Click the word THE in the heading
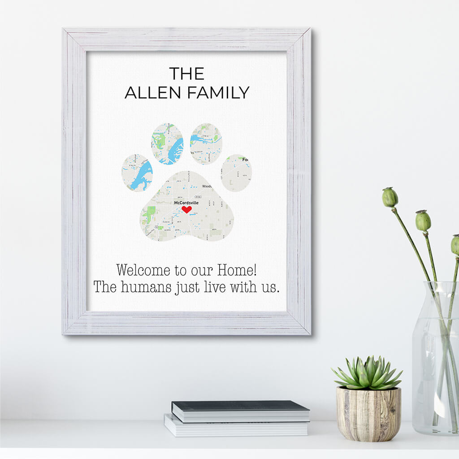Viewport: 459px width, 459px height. click(x=186, y=74)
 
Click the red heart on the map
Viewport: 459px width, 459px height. click(x=187, y=209)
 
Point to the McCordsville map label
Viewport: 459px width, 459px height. click(x=186, y=203)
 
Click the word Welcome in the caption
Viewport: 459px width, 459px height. click(x=143, y=270)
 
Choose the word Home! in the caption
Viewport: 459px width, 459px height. click(x=237, y=270)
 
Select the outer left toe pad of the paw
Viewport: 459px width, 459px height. click(x=137, y=173)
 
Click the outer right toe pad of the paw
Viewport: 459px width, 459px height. click(x=236, y=173)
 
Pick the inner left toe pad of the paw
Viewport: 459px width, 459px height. click(x=167, y=144)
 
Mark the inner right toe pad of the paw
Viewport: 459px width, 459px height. click(x=206, y=144)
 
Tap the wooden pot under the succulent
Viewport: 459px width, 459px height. click(x=368, y=414)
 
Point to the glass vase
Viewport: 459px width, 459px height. click(x=435, y=359)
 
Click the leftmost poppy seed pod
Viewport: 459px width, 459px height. click(x=390, y=197)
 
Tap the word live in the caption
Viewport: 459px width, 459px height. click(x=215, y=287)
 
